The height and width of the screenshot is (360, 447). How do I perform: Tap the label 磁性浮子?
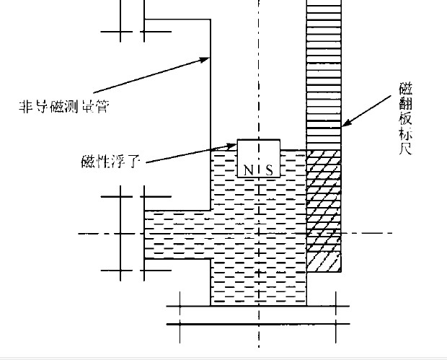pos(111,159)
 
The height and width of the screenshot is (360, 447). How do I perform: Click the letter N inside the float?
pos(247,170)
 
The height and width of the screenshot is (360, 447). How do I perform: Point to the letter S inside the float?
pos(269,170)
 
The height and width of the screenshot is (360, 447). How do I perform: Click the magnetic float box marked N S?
pos(258,159)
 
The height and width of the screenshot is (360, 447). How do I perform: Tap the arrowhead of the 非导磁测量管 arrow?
pos(208,58)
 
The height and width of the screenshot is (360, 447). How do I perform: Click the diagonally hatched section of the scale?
pos(324,209)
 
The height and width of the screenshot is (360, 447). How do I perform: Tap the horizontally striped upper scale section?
pos(324,72)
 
